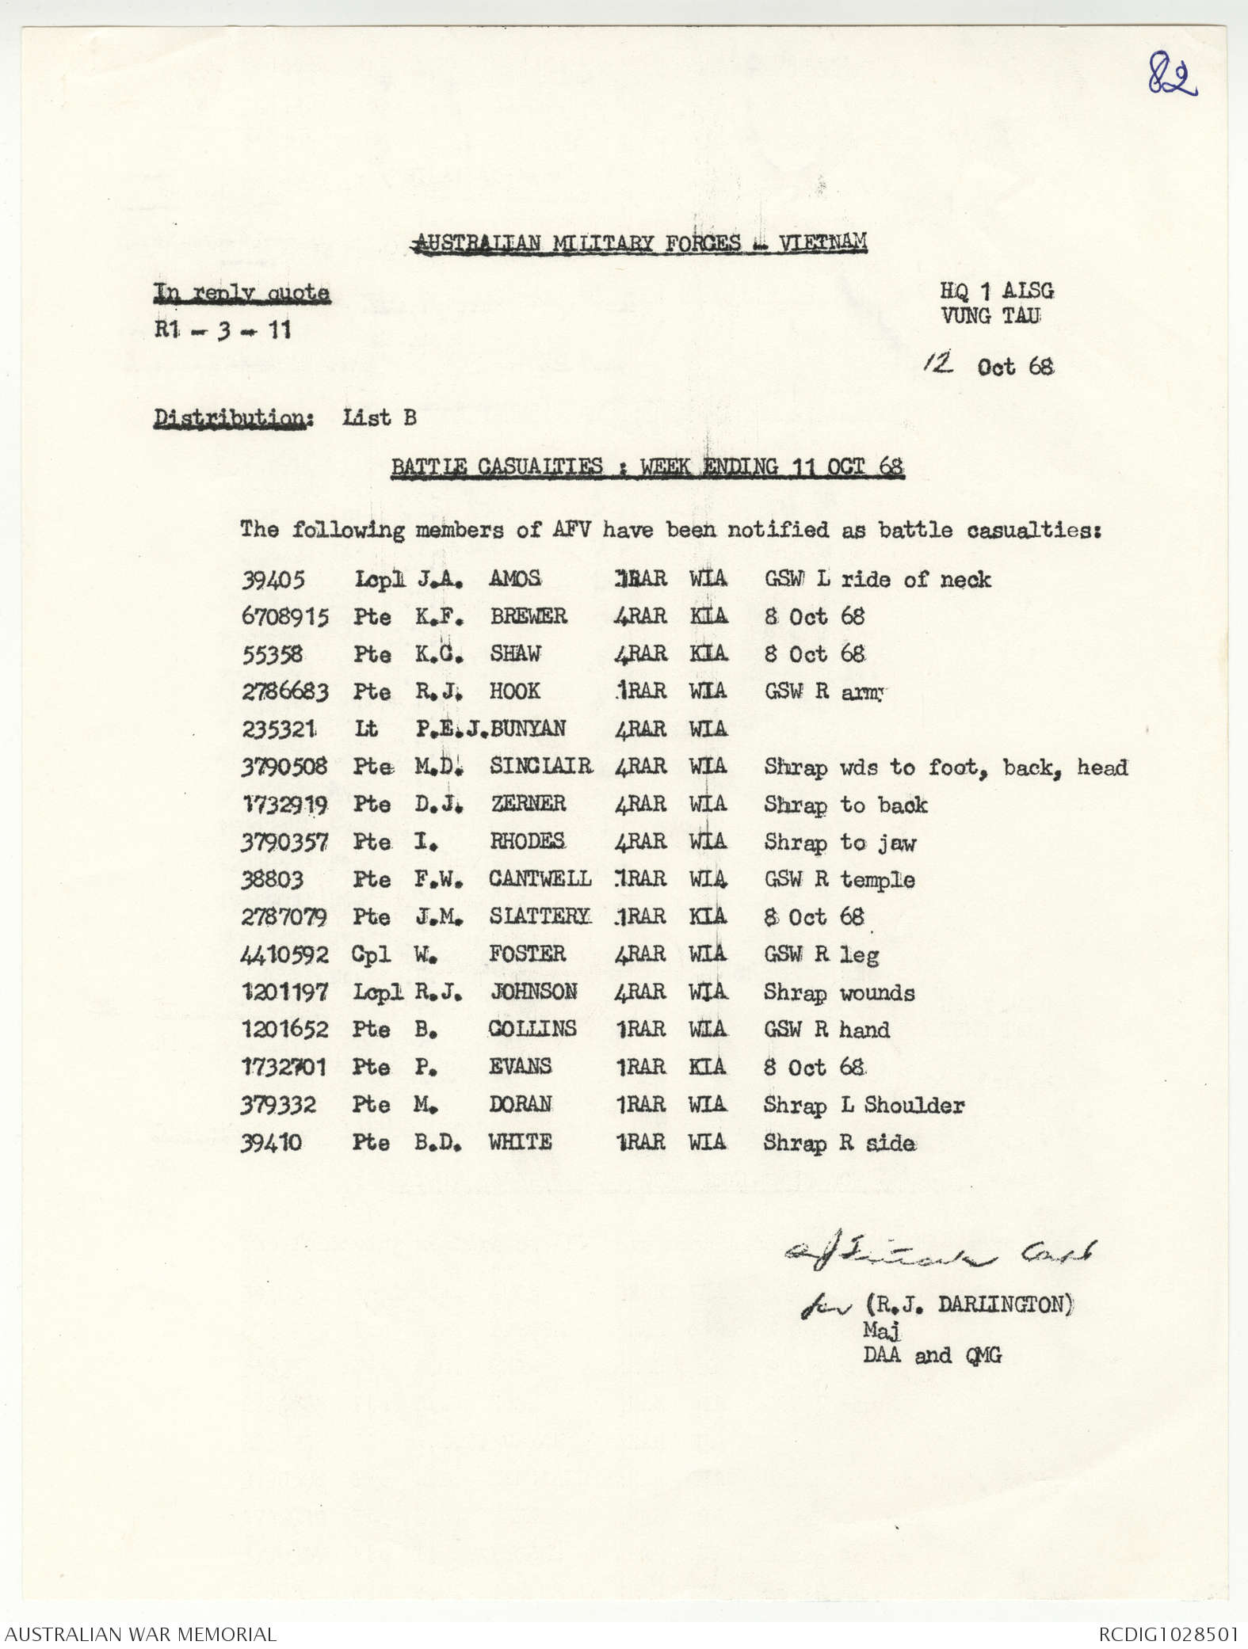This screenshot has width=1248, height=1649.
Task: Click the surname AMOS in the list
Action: click(x=515, y=579)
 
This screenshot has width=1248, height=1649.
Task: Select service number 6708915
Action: click(x=284, y=616)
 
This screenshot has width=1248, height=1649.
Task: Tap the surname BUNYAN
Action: click(x=528, y=729)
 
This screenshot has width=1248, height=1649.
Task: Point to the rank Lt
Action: click(x=366, y=729)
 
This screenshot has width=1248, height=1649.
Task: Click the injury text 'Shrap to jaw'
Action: click(x=839, y=842)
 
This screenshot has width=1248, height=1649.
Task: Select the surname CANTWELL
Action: click(x=540, y=879)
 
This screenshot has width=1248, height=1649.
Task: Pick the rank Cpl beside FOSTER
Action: click(x=371, y=954)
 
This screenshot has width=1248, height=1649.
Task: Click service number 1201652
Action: click(x=284, y=1030)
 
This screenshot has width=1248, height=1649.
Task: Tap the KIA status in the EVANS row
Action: click(x=707, y=1067)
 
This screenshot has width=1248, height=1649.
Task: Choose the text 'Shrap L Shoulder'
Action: click(x=864, y=1105)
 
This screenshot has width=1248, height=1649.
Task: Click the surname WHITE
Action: click(x=520, y=1142)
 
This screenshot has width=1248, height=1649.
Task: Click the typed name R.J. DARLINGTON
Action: click(x=967, y=1304)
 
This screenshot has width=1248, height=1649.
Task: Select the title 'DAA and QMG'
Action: click(x=932, y=1355)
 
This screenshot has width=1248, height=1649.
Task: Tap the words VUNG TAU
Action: click(x=990, y=316)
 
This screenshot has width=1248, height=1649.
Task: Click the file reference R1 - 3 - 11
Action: click(x=223, y=329)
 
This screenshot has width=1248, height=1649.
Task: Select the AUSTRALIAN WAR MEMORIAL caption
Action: click(x=140, y=1634)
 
